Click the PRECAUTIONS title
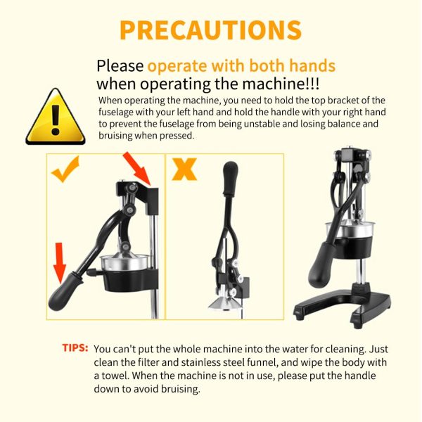[x=210, y=30]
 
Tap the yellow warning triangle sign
[x=56, y=117]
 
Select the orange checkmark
[x=65, y=169]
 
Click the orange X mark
[x=184, y=169]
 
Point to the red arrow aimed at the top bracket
[x=136, y=169]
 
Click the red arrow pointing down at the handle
[x=59, y=263]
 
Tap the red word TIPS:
[x=75, y=348]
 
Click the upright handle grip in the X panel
[x=231, y=178]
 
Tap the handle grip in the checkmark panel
[x=64, y=291]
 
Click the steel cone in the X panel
[x=226, y=303]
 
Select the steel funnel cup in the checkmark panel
[x=125, y=262]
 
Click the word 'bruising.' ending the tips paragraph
[x=181, y=389]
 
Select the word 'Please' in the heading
[x=120, y=66]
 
